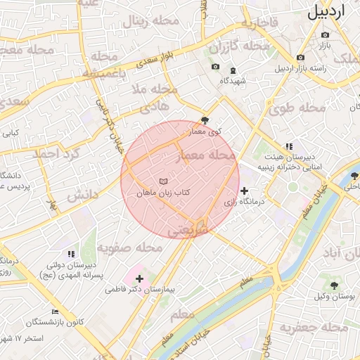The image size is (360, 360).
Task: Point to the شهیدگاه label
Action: (x=233, y=80)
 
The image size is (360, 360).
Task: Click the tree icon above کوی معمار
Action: (x=205, y=121)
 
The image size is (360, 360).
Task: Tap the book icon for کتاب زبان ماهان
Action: (x=164, y=181)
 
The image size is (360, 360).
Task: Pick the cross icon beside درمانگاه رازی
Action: (x=244, y=191)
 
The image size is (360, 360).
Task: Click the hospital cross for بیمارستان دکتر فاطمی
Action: (x=140, y=278)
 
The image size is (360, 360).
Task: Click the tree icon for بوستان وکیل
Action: (x=334, y=285)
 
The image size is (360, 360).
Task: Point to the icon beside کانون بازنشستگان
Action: (x=56, y=311)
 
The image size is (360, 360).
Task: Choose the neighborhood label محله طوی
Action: (x=297, y=108)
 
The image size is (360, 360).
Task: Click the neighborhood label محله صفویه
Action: (x=124, y=247)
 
